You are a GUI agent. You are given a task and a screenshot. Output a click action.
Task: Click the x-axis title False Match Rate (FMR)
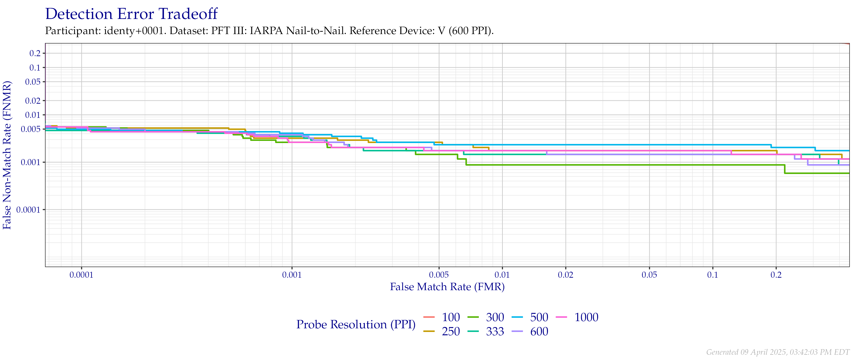[447, 287]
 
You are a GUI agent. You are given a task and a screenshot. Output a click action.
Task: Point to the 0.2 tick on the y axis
[35, 53]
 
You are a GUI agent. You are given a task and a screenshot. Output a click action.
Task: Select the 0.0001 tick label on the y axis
[28, 210]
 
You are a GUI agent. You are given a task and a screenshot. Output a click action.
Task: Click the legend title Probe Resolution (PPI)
[356, 324]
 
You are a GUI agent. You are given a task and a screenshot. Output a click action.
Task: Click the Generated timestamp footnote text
[777, 352]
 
